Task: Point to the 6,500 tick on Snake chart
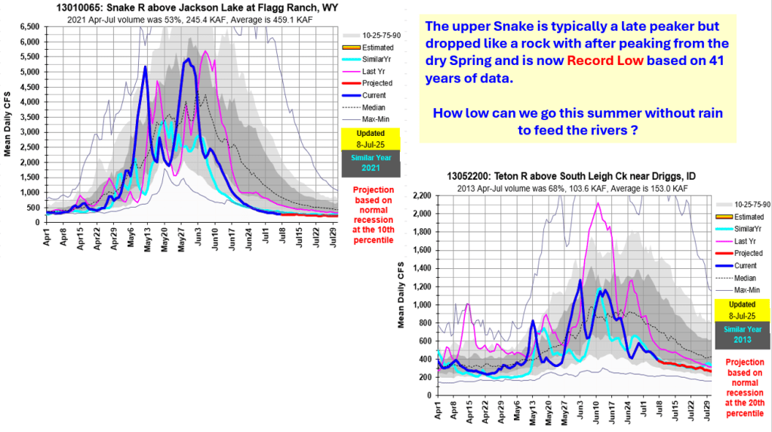point(29,26)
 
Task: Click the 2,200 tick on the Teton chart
point(421,196)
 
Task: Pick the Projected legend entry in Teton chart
point(747,253)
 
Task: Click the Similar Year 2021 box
point(368,162)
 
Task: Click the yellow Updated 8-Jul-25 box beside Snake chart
point(368,137)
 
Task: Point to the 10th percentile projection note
point(368,215)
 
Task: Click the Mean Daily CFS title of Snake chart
point(8,125)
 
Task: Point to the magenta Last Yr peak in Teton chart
point(598,203)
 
